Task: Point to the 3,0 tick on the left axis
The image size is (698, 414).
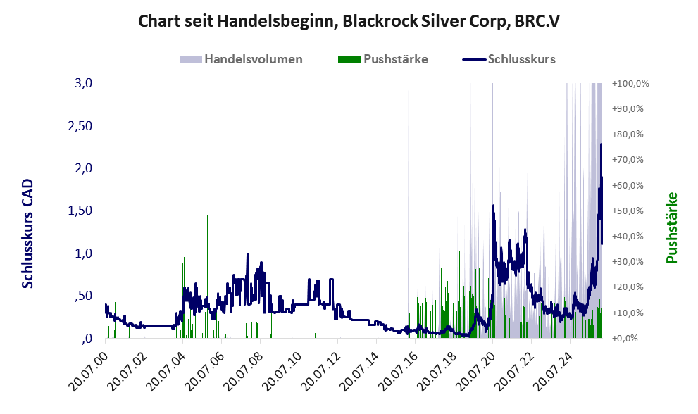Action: click(x=84, y=83)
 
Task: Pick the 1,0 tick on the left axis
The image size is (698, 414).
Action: click(x=84, y=253)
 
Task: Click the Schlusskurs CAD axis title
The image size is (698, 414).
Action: click(x=28, y=234)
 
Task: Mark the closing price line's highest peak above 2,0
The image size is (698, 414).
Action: click(x=601, y=144)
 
